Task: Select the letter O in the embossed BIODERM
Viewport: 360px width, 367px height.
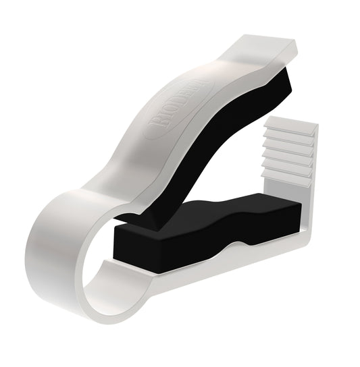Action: point(161,115)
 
